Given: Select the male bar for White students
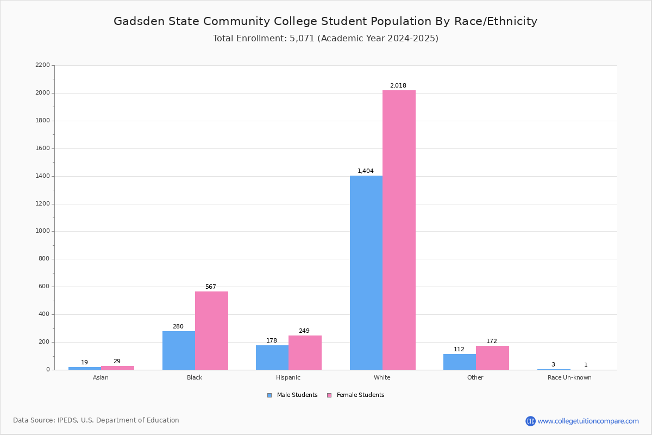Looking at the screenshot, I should [366, 272].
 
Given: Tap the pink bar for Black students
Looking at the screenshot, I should [211, 331].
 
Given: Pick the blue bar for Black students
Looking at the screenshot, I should [179, 350].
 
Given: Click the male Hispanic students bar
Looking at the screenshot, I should [272, 357].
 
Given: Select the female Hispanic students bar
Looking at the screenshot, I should [305, 352].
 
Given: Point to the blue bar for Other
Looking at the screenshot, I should [460, 362].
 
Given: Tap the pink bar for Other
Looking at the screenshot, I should [492, 358].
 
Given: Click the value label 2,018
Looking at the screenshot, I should [398, 86].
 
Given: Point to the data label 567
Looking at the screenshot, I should [210, 287].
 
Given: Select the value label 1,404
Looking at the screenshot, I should [365, 171].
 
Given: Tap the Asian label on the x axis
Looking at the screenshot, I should [101, 377].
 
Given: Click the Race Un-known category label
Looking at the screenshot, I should [569, 377].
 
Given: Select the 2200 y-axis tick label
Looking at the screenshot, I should [42, 65].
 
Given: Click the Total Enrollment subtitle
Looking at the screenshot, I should [325, 39].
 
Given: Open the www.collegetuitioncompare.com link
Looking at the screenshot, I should [588, 421].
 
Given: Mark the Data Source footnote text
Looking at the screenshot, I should [96, 420].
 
